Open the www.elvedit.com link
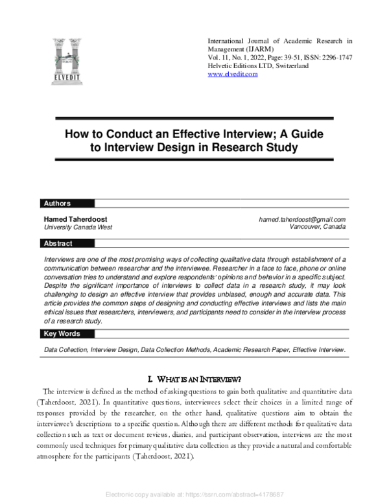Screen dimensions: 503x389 232,74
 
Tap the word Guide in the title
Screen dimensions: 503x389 305,135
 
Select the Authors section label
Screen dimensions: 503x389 56,204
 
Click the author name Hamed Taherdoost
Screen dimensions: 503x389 74,220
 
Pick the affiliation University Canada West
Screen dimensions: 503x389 78,228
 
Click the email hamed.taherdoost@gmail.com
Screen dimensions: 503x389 301,220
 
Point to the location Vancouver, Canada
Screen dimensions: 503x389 318,228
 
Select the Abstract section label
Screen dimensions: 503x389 58,244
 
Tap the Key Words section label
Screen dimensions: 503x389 62,334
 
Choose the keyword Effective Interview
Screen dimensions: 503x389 318,350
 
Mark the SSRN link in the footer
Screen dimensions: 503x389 194,495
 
